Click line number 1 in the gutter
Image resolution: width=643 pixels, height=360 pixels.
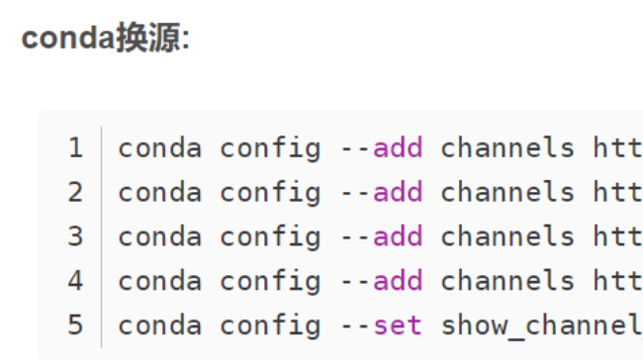click(x=76, y=149)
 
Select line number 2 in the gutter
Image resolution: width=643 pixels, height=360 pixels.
click(x=76, y=193)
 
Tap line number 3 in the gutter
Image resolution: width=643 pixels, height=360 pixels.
click(x=76, y=237)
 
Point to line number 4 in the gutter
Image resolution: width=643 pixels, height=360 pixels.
click(x=76, y=281)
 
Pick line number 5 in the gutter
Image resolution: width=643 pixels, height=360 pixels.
click(x=76, y=325)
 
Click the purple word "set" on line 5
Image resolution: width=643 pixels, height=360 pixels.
click(x=398, y=325)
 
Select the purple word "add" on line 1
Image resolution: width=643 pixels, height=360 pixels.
click(x=398, y=149)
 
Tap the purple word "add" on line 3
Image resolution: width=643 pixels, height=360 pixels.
click(x=398, y=237)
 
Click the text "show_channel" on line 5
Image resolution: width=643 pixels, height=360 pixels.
click(x=541, y=325)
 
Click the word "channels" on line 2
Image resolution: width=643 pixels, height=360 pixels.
click(x=506, y=193)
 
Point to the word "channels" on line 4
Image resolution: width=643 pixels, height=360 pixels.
click(x=506, y=281)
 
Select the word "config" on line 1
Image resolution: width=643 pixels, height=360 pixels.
click(x=270, y=149)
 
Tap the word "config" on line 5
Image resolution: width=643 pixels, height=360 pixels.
click(x=270, y=325)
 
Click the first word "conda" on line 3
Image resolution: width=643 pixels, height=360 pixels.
click(x=159, y=237)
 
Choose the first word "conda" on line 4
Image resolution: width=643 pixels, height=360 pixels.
click(x=159, y=281)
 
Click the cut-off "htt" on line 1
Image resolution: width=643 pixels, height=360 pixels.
click(x=618, y=149)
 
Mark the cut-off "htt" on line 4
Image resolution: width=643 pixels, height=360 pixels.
click(x=618, y=281)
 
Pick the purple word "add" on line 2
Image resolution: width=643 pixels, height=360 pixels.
click(x=398, y=193)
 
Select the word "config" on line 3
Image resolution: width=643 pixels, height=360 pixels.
click(x=270, y=237)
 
